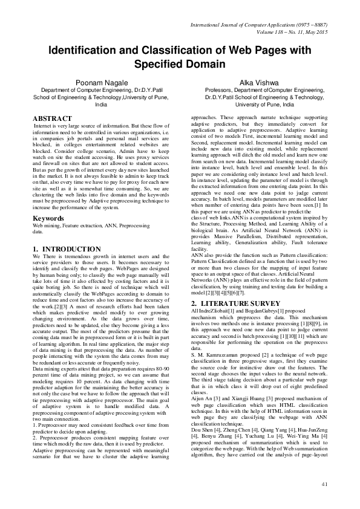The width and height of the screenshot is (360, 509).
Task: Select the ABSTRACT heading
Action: tap(52, 118)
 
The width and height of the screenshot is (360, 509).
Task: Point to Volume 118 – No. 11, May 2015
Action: tap(293, 30)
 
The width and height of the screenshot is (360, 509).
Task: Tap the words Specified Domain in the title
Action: tap(179, 63)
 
